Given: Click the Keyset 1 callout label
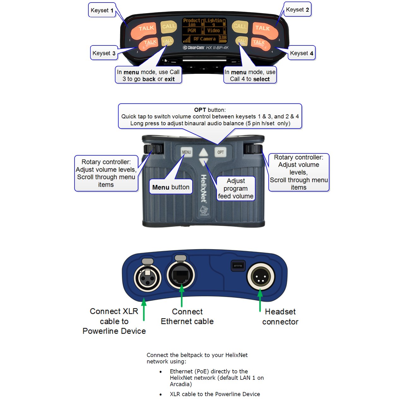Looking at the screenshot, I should click(x=102, y=10).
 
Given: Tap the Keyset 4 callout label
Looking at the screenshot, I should click(x=301, y=53).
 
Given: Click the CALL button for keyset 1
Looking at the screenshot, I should click(x=169, y=27).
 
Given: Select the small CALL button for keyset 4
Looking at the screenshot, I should click(x=242, y=41).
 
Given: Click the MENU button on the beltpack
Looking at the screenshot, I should click(x=187, y=152).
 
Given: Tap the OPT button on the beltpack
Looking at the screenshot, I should click(x=221, y=152).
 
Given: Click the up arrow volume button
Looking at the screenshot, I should click(x=204, y=153).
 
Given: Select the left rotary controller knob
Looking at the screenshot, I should click(x=153, y=149).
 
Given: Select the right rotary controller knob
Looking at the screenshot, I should click(x=253, y=149).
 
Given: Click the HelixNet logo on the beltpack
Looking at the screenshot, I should click(x=204, y=188).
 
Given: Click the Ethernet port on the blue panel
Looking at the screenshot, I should click(x=181, y=275).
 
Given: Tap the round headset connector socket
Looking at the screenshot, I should click(x=260, y=277).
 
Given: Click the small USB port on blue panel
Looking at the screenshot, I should click(x=238, y=265).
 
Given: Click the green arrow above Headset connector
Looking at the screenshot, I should click(x=260, y=300).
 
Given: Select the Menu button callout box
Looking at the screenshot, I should click(x=171, y=187).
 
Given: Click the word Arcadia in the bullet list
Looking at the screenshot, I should click(x=180, y=384).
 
